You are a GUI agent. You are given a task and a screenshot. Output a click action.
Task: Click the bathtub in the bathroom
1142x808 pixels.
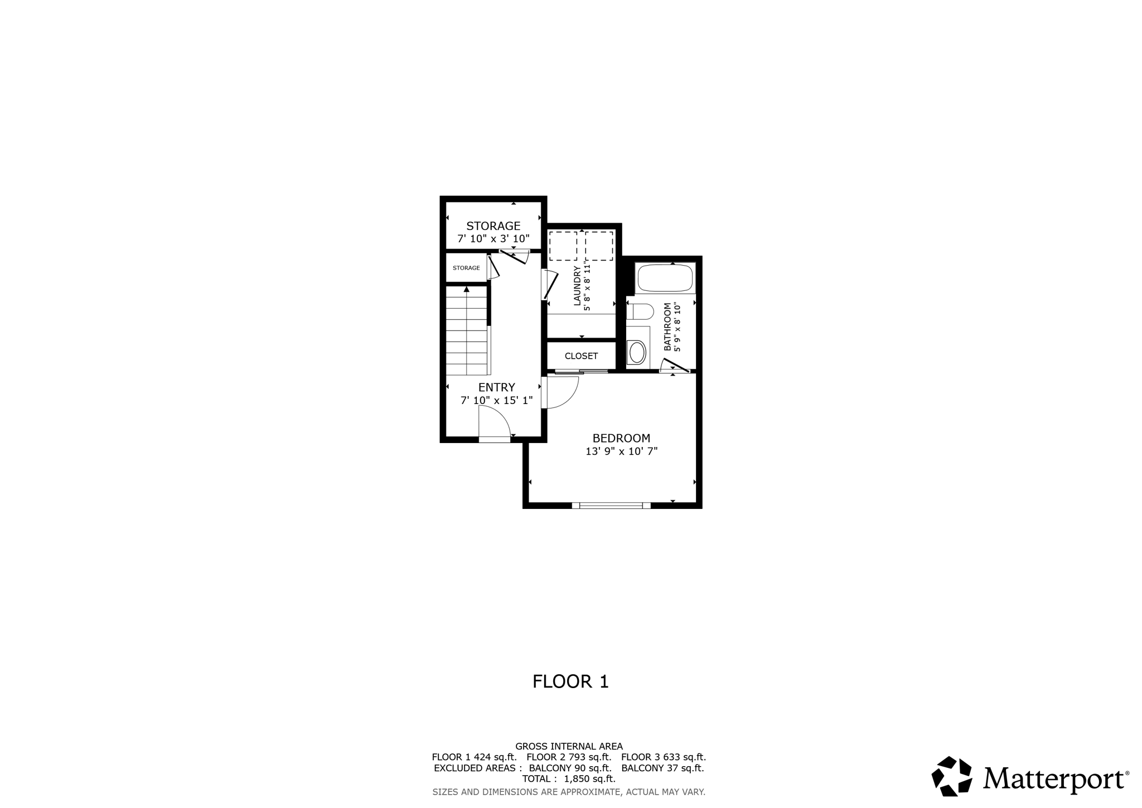point(665,278)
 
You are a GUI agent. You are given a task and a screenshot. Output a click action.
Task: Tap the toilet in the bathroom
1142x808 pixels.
point(640,311)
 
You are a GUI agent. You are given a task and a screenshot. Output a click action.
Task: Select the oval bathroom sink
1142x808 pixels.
point(637,353)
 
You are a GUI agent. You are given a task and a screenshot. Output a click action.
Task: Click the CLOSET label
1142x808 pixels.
point(581,356)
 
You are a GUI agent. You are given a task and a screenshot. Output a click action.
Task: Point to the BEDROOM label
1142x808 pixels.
point(621,439)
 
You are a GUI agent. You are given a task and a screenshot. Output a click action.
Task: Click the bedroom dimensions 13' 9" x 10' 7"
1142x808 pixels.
point(621,451)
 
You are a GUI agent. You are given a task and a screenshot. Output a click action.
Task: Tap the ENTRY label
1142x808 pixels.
point(496,387)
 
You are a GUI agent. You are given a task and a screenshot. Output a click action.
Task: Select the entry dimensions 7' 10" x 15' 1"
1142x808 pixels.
point(496,401)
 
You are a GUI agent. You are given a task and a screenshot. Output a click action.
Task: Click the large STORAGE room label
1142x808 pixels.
point(493,226)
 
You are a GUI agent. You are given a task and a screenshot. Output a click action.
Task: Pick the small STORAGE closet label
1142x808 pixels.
point(466,268)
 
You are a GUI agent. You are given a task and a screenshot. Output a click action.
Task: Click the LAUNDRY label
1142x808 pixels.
point(577,286)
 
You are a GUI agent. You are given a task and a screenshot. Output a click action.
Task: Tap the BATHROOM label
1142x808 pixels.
point(667,327)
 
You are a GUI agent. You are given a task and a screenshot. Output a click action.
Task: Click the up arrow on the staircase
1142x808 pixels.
point(467,290)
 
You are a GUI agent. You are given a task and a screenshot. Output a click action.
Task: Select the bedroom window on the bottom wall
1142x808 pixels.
point(611,506)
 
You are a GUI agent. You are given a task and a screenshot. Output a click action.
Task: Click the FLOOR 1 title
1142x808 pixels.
point(570,681)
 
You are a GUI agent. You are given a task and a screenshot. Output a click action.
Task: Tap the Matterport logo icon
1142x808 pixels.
point(952,776)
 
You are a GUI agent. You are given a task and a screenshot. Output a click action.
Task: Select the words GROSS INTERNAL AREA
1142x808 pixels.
point(569,746)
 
